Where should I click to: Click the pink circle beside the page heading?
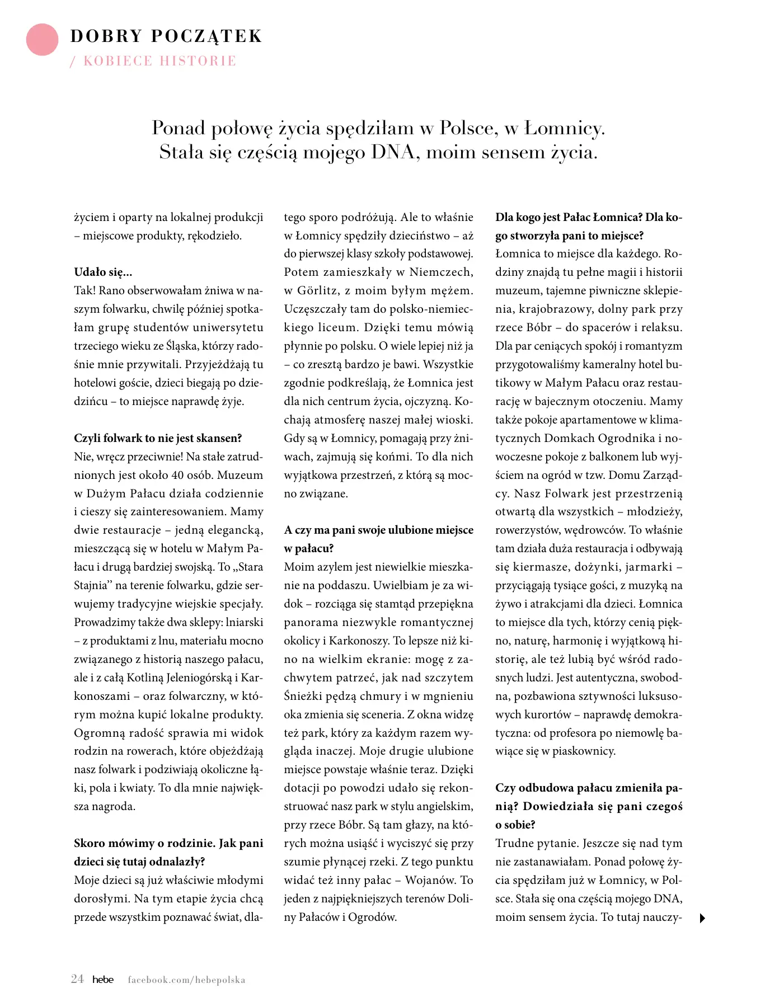[x=42, y=40]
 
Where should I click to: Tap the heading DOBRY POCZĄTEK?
[x=166, y=36]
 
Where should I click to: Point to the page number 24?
[x=77, y=979]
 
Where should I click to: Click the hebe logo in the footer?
[x=103, y=980]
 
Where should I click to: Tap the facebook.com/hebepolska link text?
[x=186, y=980]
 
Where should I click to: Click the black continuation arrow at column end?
[x=702, y=918]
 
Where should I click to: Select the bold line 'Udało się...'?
[x=103, y=272]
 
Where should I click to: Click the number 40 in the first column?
[x=177, y=475]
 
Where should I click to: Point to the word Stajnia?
[x=91, y=586]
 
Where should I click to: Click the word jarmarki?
[x=648, y=567]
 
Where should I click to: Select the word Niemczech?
[x=441, y=272]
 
